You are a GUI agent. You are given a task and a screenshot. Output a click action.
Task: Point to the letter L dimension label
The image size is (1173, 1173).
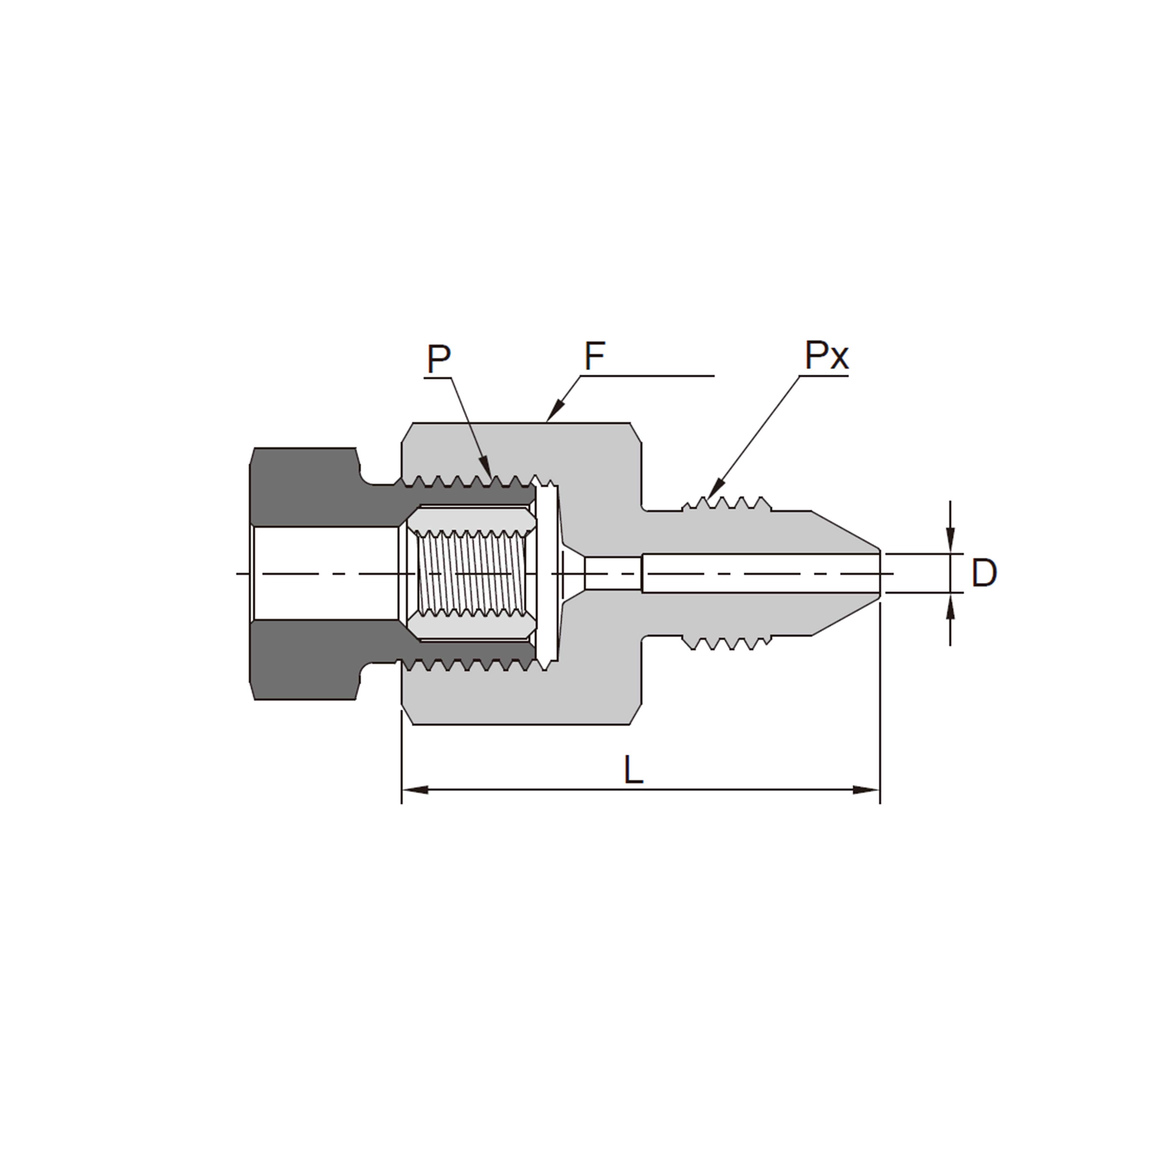(x=633, y=771)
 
